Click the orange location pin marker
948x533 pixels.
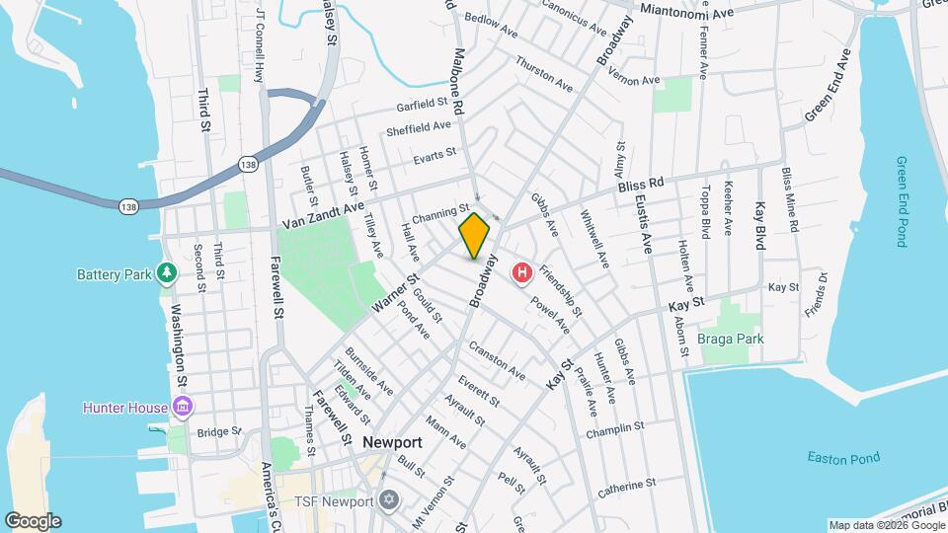coord(475,237)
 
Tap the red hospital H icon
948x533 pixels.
coord(520,272)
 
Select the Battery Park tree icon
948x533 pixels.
coord(167,272)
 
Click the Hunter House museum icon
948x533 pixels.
coord(182,406)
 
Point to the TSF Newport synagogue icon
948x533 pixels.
coord(388,500)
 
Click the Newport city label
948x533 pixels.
coord(392,442)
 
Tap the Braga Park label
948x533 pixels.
coord(731,339)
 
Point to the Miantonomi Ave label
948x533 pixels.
coord(687,12)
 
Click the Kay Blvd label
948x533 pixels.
coord(760,226)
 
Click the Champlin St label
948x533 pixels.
coord(614,431)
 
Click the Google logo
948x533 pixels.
coord(33,520)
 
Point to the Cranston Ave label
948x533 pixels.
coord(497,361)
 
